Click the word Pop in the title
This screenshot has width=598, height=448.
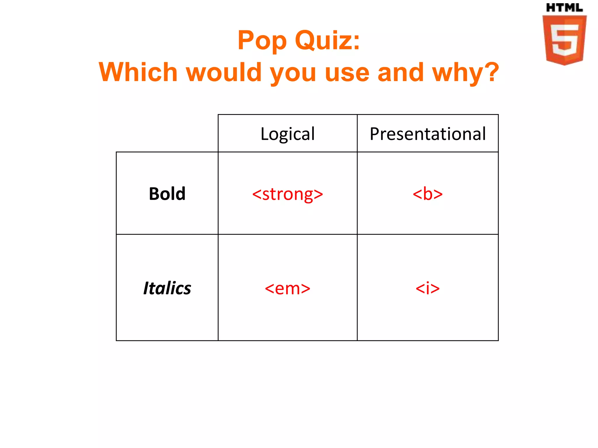(x=262, y=41)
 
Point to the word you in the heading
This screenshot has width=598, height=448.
(x=293, y=73)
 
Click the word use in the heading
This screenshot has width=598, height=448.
(x=347, y=73)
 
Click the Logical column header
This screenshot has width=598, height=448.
(x=288, y=134)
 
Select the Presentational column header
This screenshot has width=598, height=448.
(x=428, y=134)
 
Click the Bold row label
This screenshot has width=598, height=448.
(x=167, y=194)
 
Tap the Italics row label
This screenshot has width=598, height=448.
(x=167, y=288)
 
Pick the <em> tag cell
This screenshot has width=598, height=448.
(x=288, y=288)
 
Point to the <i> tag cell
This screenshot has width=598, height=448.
(x=427, y=288)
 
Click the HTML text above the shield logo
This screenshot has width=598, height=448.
(x=564, y=8)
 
